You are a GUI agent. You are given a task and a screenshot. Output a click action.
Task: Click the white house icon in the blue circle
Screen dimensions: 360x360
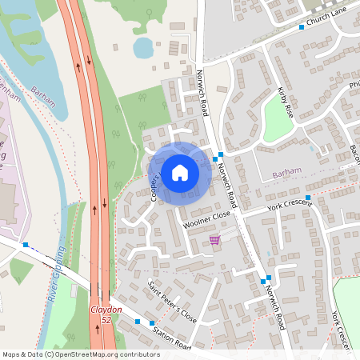click(x=180, y=172)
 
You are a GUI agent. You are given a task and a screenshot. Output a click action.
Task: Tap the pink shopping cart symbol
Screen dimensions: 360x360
click(x=214, y=239)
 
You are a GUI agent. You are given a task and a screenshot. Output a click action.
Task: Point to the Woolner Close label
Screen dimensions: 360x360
click(x=206, y=220)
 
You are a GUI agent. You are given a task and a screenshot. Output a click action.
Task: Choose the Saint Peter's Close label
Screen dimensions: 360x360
click(x=172, y=300)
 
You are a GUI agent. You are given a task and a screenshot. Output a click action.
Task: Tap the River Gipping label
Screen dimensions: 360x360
click(x=56, y=275)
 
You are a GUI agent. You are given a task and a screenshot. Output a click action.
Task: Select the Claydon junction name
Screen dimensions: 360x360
click(x=106, y=310)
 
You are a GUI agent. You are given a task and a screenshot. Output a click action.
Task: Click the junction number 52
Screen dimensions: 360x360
click(x=106, y=319)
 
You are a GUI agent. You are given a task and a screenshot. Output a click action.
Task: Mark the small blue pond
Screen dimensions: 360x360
click(x=144, y=49)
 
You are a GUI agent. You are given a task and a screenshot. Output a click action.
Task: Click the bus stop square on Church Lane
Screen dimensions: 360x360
click(x=302, y=28)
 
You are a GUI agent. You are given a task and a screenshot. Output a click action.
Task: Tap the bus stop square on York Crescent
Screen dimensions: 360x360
click(x=307, y=198)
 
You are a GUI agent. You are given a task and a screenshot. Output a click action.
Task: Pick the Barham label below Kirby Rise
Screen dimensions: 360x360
click(x=286, y=173)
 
